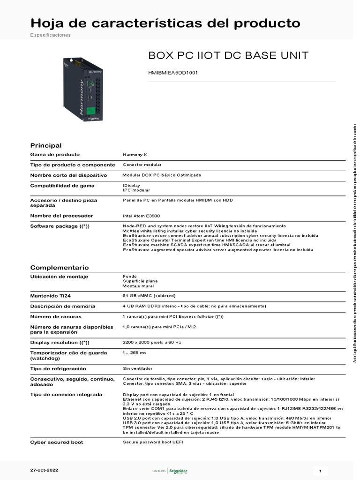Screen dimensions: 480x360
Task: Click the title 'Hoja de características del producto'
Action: point(165,23)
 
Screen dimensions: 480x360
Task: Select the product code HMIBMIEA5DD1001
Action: point(173,73)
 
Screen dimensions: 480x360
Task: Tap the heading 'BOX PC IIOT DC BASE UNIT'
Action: point(228,56)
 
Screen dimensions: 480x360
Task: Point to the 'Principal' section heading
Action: point(46,145)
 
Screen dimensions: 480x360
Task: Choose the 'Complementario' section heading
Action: point(60,268)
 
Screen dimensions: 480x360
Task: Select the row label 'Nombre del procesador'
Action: point(61,216)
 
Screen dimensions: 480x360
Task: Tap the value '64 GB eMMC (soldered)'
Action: point(149,296)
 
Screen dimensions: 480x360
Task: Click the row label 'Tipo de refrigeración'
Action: point(58,369)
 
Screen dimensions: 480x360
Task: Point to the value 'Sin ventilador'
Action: point(137,369)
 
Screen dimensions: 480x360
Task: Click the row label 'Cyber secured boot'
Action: point(57,442)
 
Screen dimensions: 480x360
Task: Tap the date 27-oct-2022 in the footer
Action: point(45,470)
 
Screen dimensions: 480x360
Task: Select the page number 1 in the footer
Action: point(320,471)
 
